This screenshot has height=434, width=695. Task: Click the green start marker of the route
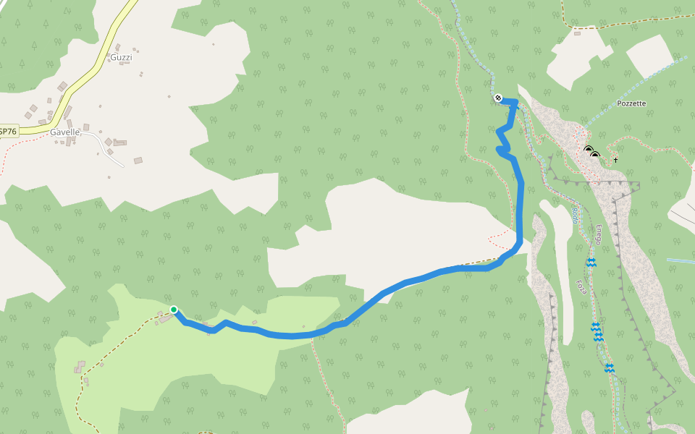pyautogui.click(x=174, y=310)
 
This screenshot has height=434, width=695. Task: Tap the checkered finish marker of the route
pyautogui.click(x=498, y=98)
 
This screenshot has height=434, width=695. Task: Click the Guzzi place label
pyautogui.click(x=121, y=56)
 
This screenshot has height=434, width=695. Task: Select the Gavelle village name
pyautogui.click(x=64, y=132)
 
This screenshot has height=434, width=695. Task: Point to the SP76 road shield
pyautogui.click(x=7, y=132)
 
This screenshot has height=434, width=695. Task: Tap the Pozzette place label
pyautogui.click(x=631, y=103)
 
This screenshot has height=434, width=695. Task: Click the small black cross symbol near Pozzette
pyautogui.click(x=615, y=159)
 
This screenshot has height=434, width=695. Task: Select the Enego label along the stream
pyautogui.click(x=599, y=234)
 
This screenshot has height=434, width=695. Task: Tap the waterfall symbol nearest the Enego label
pyautogui.click(x=591, y=263)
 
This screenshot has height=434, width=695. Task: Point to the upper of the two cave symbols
pyautogui.click(x=588, y=150)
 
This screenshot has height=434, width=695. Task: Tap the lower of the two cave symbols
pyautogui.click(x=594, y=156)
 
